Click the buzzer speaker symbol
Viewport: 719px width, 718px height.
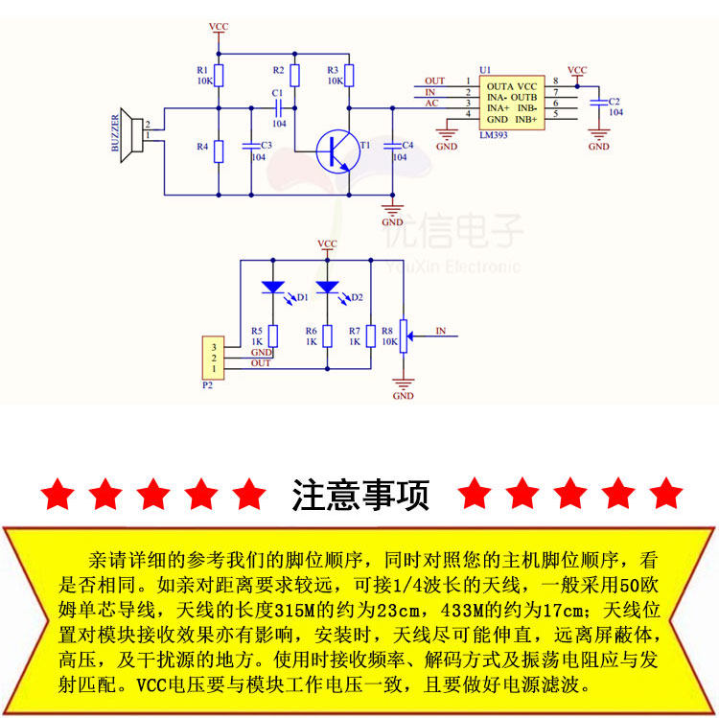pos(125,137)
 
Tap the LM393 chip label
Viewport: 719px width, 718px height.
pos(495,136)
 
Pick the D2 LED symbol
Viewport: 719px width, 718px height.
pos(328,287)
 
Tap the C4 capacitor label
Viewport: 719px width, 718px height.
pos(407,145)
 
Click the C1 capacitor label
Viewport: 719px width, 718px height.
pos(278,93)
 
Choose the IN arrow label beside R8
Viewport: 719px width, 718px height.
pos(441,331)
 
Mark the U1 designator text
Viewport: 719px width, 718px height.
pos(484,70)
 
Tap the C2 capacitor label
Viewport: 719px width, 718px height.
pos(615,101)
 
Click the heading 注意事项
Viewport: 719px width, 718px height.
pos(360,495)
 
